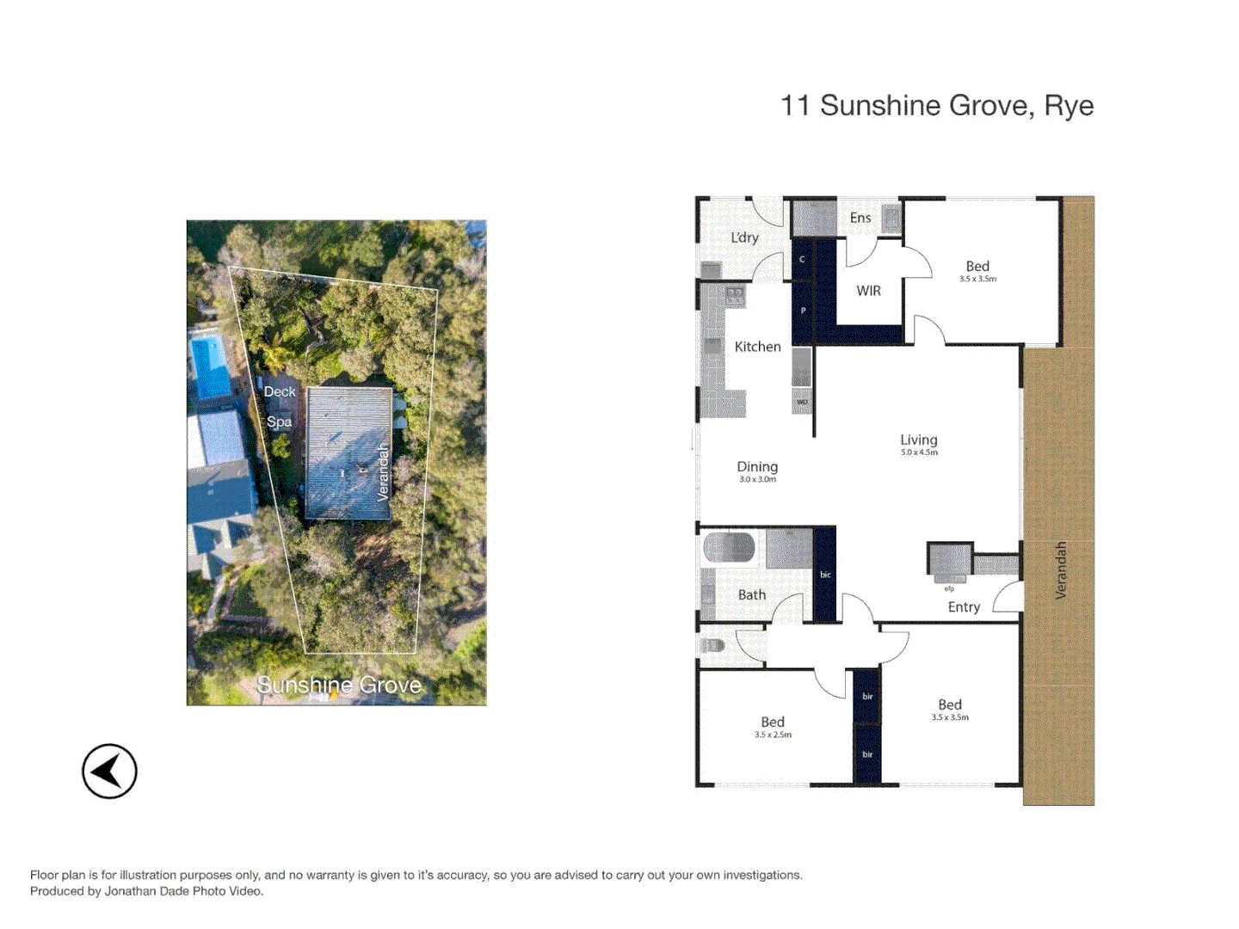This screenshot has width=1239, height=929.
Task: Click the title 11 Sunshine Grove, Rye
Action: [x=936, y=106]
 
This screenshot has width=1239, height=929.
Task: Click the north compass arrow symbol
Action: [x=109, y=771]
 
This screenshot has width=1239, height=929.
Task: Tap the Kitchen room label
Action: [x=757, y=347]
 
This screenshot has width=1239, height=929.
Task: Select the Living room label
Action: [x=919, y=440]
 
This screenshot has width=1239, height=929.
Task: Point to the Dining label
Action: [x=757, y=466]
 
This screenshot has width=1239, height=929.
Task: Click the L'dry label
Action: [x=744, y=237]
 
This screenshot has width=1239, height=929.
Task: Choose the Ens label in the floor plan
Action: [x=860, y=218]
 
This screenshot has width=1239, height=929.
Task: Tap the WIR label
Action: [x=868, y=291]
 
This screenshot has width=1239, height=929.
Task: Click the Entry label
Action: [x=964, y=607]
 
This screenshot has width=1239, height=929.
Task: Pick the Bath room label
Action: [x=751, y=594]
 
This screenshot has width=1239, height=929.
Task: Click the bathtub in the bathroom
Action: [x=730, y=547]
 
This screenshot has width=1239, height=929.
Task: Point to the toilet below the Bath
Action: [x=713, y=644]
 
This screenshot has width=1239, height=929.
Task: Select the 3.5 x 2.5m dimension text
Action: [x=773, y=735]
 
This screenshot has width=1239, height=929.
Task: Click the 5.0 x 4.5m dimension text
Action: [x=919, y=452]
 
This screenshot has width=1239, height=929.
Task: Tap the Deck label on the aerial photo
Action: [x=280, y=391]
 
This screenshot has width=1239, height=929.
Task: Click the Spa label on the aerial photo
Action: [x=279, y=421]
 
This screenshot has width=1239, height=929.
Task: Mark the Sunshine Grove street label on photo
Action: [x=339, y=685]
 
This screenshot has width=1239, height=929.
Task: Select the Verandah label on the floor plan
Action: [x=1060, y=569]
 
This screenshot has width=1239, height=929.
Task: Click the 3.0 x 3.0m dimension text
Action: [x=757, y=479]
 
